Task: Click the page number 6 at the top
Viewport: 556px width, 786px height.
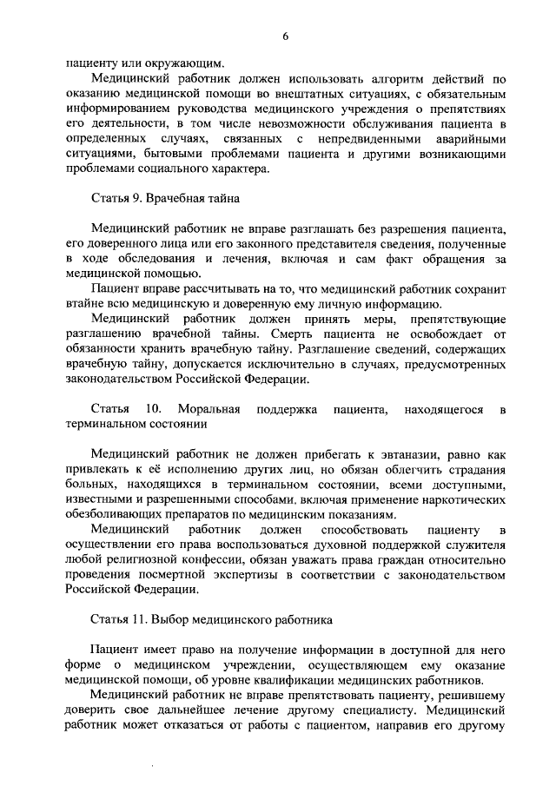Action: [284, 35]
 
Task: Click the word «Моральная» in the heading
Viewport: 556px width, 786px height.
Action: [205, 409]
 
